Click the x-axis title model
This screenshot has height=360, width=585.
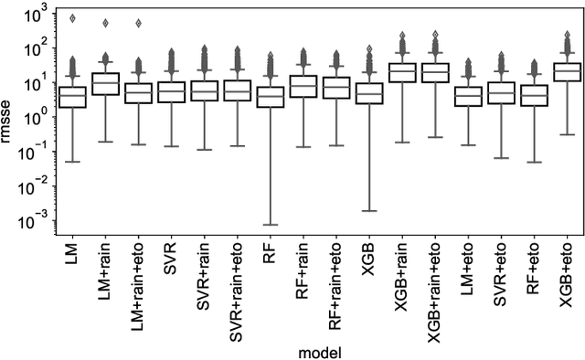320,350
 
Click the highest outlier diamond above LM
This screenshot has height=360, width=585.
73,18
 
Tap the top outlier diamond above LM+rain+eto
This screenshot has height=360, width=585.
138,23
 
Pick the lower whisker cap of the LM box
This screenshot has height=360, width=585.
73,162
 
